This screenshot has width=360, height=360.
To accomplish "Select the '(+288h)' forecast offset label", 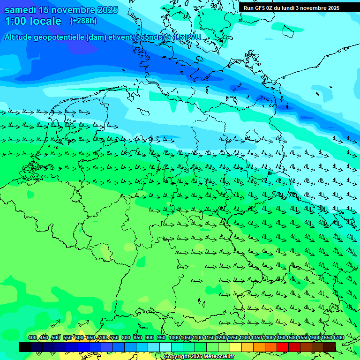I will (x=83, y=21).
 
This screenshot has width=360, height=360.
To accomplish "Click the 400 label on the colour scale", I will (x=32, y=337).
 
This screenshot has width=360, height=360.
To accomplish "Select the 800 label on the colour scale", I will (x=126, y=337).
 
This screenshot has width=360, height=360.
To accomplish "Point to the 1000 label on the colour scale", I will (x=174, y=337).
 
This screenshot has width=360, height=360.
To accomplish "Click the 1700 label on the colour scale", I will (x=338, y=337).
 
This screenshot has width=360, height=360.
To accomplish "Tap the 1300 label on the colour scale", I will (x=244, y=337).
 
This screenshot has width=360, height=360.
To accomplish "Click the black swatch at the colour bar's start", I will (x=25, y=347).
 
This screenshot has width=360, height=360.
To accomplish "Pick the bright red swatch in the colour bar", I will (x=283, y=347).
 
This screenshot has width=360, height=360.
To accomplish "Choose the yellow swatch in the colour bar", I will (x=236, y=347).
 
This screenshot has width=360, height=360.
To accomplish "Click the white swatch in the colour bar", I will (x=165, y=347).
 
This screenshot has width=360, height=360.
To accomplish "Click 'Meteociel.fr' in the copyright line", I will (x=217, y=357).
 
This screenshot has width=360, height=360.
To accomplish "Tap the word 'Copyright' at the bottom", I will (x=177, y=357).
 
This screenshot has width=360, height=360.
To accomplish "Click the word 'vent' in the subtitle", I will (x=123, y=37).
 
